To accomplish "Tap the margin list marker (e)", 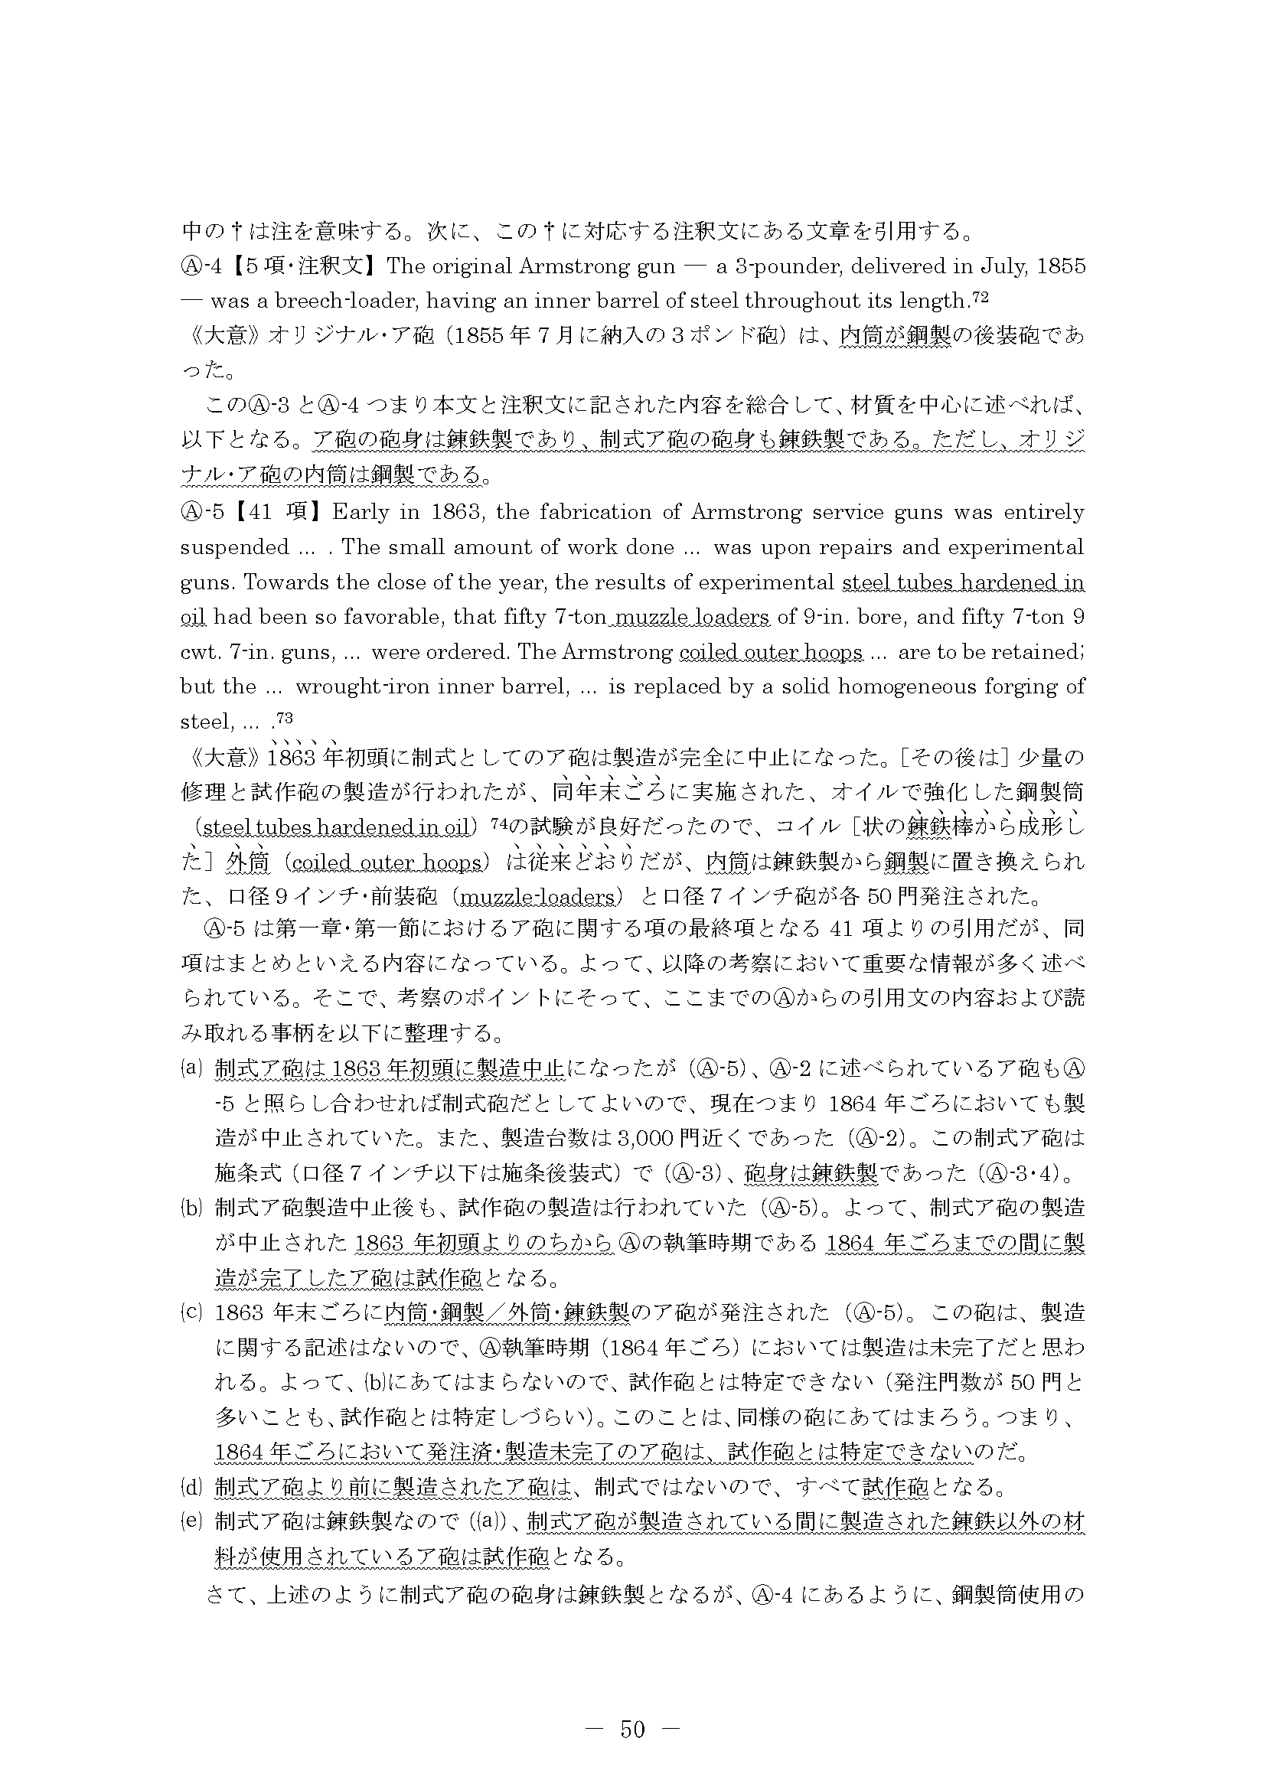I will click(x=191, y=1521).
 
